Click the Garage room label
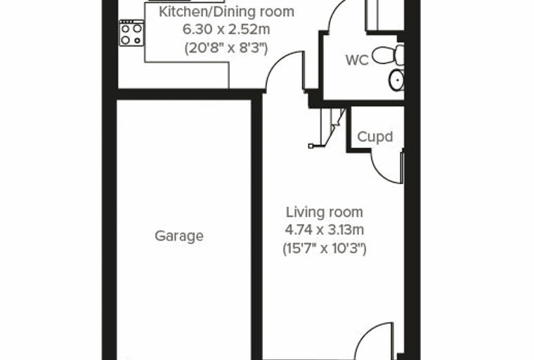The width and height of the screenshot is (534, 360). pos(179,236)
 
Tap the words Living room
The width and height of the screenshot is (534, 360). pos(324,212)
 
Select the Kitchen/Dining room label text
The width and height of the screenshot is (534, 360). pos(226,11)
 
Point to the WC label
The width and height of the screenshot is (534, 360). pos(357,60)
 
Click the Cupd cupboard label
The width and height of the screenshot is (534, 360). pos(375,136)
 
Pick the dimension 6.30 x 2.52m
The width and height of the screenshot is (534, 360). pos(226,30)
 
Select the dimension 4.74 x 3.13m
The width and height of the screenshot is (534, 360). pos(324,230)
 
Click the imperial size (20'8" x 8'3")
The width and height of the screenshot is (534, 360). pos(226,48)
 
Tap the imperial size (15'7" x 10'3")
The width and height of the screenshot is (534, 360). pos(324,248)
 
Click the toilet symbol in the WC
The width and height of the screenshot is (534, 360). pos(389,55)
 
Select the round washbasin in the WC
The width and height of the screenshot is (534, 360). pos(396,80)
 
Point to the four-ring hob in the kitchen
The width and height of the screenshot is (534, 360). pos(131,33)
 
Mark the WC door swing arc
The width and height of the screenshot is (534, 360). pos(332,14)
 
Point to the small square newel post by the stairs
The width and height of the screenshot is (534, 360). pos(311,146)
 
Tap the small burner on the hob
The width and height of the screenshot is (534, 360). pos(137,41)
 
